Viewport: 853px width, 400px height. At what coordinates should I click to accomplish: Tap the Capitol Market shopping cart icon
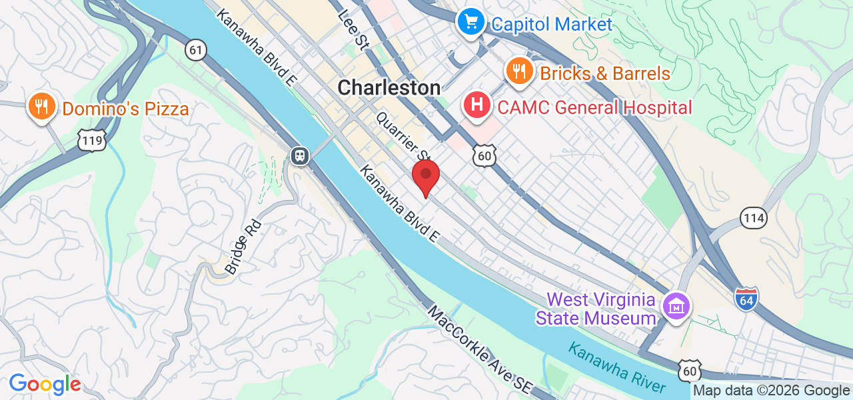point(471,23)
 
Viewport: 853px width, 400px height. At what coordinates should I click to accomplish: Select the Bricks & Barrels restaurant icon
point(518,71)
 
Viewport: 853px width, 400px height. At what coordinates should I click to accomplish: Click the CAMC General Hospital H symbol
point(477,105)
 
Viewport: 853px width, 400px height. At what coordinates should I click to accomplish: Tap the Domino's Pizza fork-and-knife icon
point(41,106)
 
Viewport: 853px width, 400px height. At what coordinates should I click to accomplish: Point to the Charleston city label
point(389,87)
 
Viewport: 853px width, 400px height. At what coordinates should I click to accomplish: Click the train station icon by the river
point(300,156)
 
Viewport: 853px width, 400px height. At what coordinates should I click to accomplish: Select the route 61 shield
point(195,49)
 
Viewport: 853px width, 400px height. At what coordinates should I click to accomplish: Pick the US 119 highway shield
point(90,140)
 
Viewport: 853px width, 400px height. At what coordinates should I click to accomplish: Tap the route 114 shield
point(753,217)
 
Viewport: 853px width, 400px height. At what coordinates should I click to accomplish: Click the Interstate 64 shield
point(747,297)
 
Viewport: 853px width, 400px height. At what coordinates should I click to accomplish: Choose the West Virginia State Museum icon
point(676,307)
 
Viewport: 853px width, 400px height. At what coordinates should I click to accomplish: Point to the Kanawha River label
point(616,367)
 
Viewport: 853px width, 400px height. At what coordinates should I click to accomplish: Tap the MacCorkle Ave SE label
point(478,349)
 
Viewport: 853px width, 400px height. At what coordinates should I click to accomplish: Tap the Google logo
point(45,384)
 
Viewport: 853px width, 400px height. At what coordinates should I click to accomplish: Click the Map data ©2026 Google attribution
point(771,391)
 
